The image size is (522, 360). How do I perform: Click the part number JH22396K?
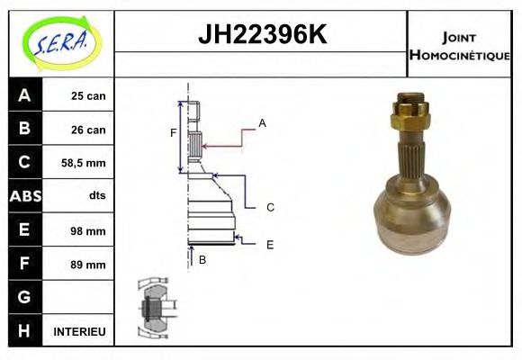(x=261, y=35)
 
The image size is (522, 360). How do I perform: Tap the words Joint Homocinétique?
(x=459, y=45)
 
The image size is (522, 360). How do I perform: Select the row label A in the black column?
(x=24, y=95)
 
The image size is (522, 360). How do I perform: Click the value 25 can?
(x=87, y=95)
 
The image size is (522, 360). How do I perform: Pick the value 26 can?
(x=87, y=130)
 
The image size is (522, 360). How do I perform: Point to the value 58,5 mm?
(x=84, y=163)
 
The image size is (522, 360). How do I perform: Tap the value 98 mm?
(x=88, y=230)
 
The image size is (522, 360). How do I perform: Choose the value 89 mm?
(x=88, y=265)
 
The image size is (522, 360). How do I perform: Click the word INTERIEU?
(x=80, y=332)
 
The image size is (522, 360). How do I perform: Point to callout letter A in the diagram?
(x=262, y=122)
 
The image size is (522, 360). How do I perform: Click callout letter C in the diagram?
(x=269, y=208)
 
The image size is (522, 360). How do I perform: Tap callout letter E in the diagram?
(x=269, y=244)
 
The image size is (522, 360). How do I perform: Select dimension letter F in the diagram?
(x=174, y=133)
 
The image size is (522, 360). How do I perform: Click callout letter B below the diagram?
(x=202, y=260)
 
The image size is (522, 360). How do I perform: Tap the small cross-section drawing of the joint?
(x=154, y=309)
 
